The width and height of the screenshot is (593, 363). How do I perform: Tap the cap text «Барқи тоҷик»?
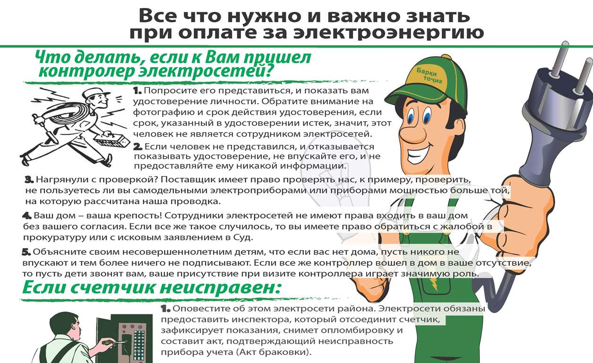pos(429,76)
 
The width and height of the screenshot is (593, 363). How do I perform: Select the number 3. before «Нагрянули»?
pos(29,180)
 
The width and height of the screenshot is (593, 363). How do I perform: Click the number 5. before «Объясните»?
pos(26,252)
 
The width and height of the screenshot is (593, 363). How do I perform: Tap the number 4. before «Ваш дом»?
pos(27,216)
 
